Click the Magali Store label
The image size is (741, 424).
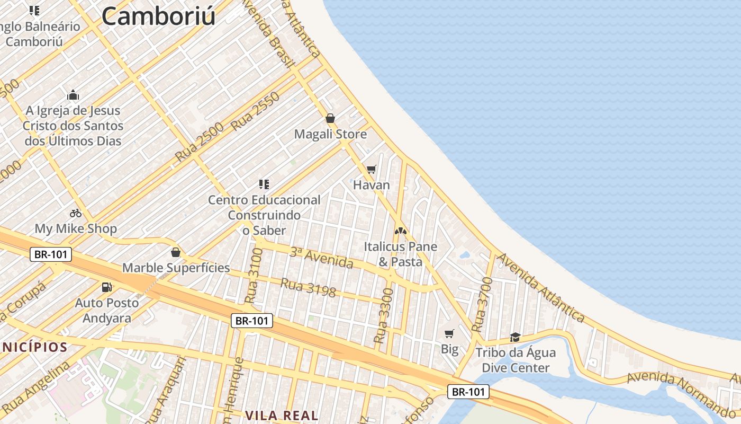pyautogui.click(x=330, y=134)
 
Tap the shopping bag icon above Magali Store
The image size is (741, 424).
pyautogui.click(x=330, y=118)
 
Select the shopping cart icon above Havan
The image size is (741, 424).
pyautogui.click(x=372, y=169)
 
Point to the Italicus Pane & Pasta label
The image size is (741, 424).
pyautogui.click(x=401, y=254)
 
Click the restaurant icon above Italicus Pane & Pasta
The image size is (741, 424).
pyautogui.click(x=401, y=231)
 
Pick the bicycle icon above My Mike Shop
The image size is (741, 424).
pyautogui.click(x=76, y=213)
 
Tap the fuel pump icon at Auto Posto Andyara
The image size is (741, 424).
pyautogui.click(x=107, y=287)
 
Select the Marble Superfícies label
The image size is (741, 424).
pyautogui.click(x=176, y=268)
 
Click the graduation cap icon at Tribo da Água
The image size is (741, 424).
pyautogui.click(x=515, y=337)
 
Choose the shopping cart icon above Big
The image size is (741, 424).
pyautogui.click(x=449, y=333)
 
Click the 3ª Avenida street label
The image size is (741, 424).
pyautogui.click(x=321, y=258)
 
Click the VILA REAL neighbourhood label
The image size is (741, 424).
pyautogui.click(x=282, y=415)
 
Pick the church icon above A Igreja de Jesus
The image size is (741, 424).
pyautogui.click(x=73, y=95)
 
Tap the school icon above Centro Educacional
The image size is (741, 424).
pyautogui.click(x=264, y=184)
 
